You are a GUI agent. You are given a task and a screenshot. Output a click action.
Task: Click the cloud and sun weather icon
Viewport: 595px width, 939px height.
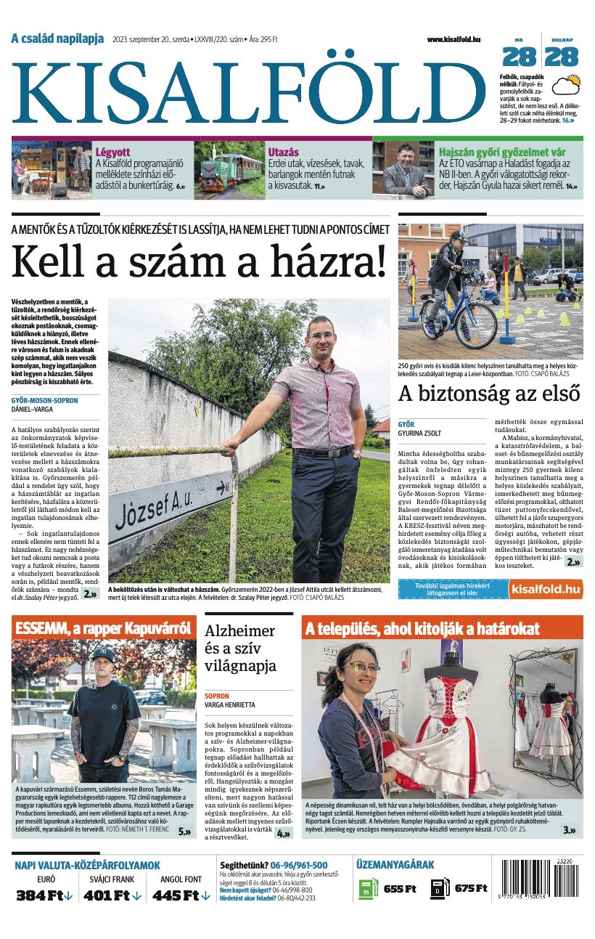(x=565, y=86)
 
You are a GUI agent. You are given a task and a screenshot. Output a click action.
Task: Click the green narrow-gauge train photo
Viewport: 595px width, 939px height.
(x=228, y=170)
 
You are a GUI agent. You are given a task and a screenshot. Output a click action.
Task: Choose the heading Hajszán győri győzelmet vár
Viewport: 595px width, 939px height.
(x=501, y=153)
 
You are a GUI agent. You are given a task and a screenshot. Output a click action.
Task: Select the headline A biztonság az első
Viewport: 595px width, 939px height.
(x=489, y=393)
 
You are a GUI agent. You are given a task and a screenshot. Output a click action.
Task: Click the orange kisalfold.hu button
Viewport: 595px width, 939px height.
(x=545, y=588)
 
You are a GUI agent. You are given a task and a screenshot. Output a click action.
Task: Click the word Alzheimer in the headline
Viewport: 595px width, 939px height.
(x=239, y=630)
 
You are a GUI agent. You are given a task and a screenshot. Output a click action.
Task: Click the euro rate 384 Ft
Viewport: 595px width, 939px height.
(x=45, y=895)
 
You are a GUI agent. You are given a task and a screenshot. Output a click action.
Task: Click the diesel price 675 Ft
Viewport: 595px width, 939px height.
(x=470, y=889)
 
